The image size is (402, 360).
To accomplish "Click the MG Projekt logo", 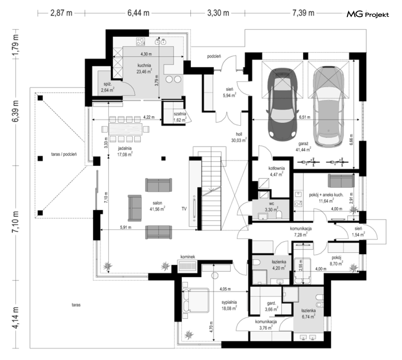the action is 368,15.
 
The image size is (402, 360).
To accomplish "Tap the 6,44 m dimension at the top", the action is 139,13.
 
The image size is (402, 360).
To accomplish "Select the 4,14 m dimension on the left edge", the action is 16,318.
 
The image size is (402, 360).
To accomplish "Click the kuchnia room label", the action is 144,65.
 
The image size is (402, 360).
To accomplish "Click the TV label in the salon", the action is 184,209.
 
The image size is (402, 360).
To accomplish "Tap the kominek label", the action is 188,257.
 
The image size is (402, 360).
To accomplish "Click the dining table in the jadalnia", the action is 126,129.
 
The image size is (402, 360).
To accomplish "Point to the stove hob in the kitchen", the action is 141,42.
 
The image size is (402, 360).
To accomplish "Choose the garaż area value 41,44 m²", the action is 303,150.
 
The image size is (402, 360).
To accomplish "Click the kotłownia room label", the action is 277,168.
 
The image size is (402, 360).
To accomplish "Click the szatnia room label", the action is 180,114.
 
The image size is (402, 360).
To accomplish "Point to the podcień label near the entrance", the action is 214,57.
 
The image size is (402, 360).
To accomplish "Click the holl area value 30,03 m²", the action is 239,140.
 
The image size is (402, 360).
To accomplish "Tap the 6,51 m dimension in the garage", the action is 305,117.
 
